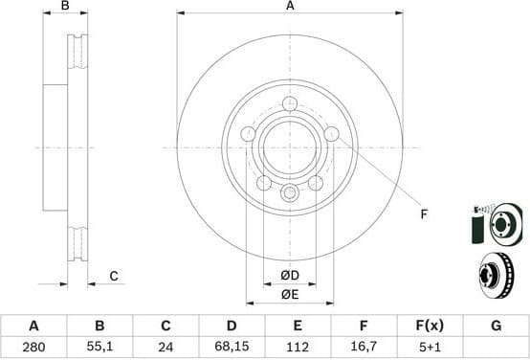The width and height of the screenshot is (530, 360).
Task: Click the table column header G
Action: [496, 326]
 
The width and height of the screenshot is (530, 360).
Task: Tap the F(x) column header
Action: [429, 326]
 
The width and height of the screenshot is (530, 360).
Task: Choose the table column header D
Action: [232, 326]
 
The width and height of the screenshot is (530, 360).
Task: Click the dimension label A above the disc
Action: [290, 6]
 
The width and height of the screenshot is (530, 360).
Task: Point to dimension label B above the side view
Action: [65, 6]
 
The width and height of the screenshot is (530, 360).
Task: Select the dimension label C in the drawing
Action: [113, 277]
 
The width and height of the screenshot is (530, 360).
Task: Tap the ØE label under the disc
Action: [290, 294]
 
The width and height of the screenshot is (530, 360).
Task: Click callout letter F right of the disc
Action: [424, 214]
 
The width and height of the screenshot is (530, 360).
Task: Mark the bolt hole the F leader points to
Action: [331, 135]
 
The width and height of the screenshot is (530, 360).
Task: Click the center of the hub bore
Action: [290, 147]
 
